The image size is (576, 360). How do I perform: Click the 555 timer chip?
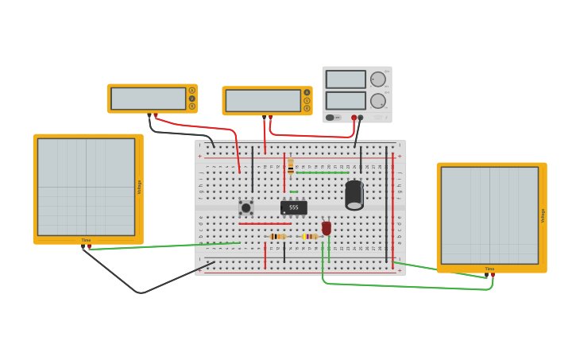[x=293, y=207]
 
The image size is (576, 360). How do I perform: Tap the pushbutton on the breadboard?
[x=246, y=207]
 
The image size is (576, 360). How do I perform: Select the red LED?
[x=327, y=228]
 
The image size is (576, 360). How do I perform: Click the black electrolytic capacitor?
[x=354, y=195]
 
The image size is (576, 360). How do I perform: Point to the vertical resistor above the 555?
[x=291, y=165]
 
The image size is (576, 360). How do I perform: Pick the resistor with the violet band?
[x=309, y=236]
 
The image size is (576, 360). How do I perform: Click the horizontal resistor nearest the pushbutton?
[x=277, y=236]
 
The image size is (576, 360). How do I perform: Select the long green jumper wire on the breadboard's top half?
[x=322, y=172]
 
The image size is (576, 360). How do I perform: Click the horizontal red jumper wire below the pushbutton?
[x=265, y=223]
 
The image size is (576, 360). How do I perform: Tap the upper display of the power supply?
[x=346, y=79]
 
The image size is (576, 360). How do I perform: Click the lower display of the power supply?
[x=346, y=100]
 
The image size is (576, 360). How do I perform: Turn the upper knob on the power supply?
[x=378, y=79]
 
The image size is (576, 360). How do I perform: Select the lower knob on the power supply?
[x=378, y=101]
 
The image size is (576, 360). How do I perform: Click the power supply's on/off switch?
[x=331, y=118]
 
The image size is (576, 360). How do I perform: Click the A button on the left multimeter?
[x=192, y=91]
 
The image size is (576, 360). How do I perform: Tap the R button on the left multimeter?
[x=192, y=106]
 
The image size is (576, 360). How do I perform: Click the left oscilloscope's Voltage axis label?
[x=140, y=187]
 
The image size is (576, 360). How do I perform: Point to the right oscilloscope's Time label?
[x=489, y=269]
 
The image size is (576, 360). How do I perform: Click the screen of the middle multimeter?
[x=262, y=101]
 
